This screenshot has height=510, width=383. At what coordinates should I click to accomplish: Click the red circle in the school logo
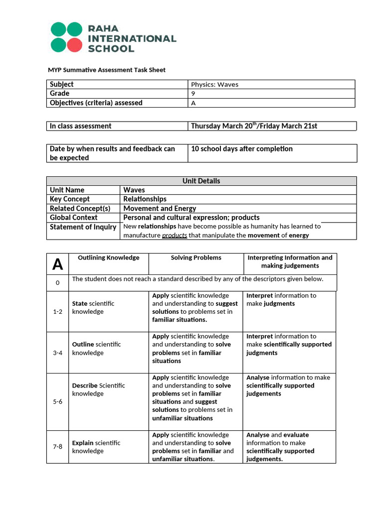[x=74, y=45]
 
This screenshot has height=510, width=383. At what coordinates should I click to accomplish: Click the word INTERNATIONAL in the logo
[x=132, y=38]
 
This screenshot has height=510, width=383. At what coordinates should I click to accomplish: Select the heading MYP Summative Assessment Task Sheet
[x=106, y=70]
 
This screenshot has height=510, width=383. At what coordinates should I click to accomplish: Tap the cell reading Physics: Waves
[x=214, y=84]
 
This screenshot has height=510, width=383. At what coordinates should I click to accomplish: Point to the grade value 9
[x=193, y=94]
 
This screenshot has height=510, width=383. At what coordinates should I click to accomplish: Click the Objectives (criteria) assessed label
[x=96, y=103]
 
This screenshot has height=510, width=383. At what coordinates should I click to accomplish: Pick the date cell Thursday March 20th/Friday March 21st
[x=254, y=126]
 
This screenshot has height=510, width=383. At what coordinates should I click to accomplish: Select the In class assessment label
[x=80, y=126]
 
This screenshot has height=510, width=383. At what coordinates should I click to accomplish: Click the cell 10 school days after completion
[x=242, y=149]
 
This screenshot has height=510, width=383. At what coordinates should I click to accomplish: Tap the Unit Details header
[x=201, y=181]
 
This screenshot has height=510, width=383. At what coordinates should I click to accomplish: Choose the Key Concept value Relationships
[x=145, y=199]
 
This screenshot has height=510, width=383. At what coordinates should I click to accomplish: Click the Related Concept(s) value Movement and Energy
[x=160, y=208]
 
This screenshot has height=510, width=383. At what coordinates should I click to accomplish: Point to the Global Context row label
[x=73, y=217]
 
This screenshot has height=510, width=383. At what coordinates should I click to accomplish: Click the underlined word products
[x=175, y=235]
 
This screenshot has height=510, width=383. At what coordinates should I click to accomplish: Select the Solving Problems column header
[x=196, y=258]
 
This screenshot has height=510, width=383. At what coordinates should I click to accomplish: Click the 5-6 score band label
[x=57, y=401]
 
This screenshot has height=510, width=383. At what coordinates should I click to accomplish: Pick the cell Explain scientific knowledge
[x=96, y=447]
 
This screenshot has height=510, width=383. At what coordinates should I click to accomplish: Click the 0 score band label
[x=57, y=283]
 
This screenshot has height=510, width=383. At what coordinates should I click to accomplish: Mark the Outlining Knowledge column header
[x=109, y=258]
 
